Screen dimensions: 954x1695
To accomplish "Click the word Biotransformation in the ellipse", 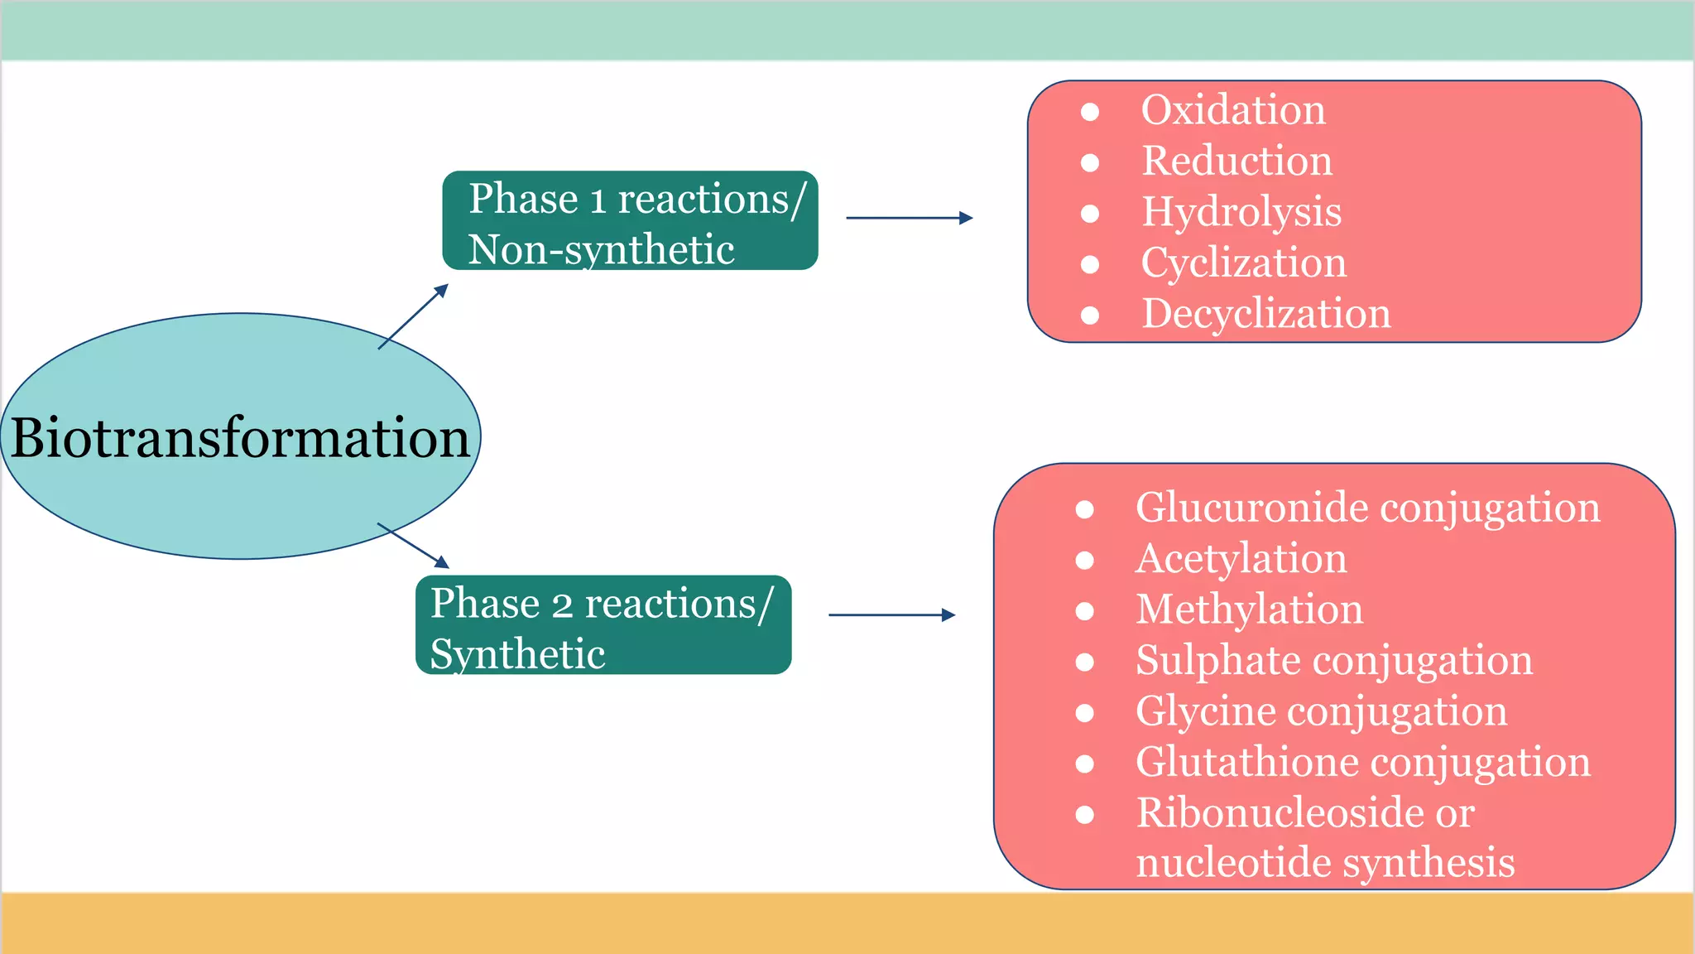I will (240, 437).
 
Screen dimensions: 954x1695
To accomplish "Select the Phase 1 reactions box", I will (630, 220).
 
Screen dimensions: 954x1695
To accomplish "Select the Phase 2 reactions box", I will (603, 625).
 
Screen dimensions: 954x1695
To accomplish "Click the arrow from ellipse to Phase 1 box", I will (413, 316).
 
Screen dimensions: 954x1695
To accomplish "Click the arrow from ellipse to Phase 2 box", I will (413, 546).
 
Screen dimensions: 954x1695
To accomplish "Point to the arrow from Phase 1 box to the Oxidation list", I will (909, 218).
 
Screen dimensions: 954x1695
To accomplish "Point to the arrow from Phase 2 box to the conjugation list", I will (891, 614).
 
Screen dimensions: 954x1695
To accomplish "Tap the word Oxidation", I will (1232, 110).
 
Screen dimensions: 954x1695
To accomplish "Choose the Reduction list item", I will (1236, 161).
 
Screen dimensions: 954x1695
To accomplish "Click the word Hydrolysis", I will (1241, 212).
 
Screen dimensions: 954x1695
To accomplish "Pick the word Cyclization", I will (1243, 263).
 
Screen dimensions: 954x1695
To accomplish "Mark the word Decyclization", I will (1265, 314).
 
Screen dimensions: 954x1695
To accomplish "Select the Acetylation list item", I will (1241, 558).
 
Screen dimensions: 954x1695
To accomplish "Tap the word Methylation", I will (1249, 609).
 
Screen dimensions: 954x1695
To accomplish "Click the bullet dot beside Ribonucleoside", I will (1085, 814).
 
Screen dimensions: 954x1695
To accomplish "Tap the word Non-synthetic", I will (601, 250).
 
